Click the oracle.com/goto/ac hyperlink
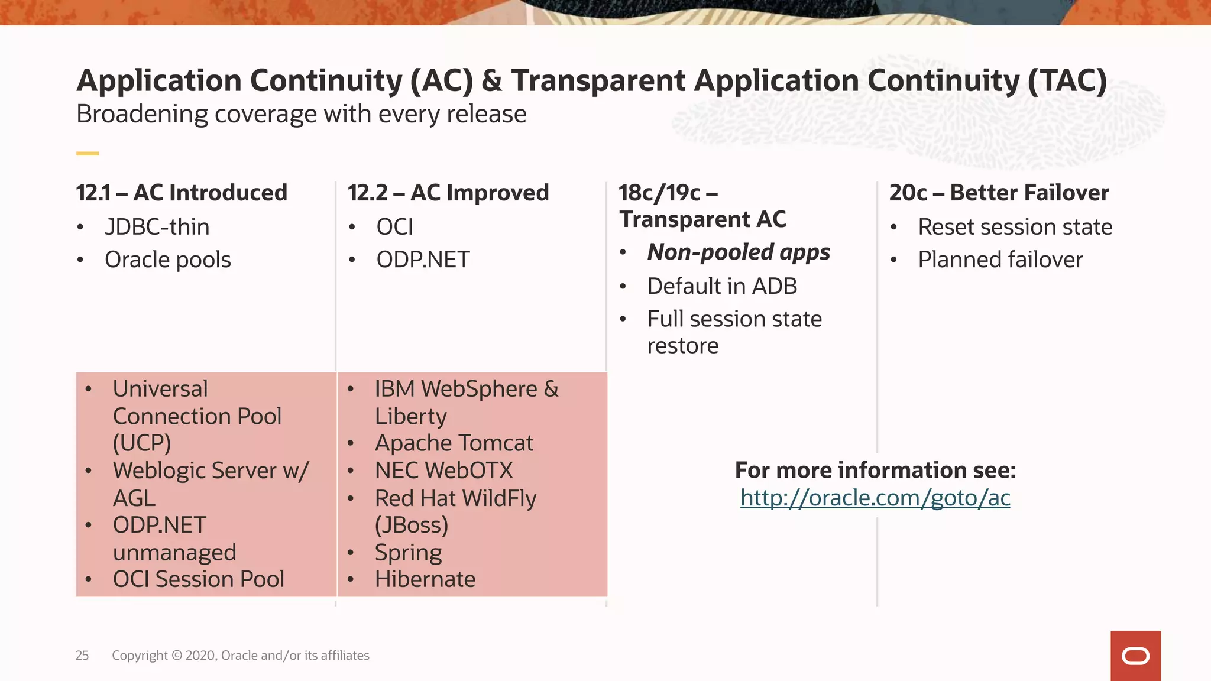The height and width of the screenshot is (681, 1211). (875, 498)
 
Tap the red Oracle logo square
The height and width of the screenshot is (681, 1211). (1135, 656)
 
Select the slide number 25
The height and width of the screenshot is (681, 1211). (82, 655)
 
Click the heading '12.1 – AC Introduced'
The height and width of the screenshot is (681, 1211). (182, 193)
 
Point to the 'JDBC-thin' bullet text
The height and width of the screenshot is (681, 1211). (157, 227)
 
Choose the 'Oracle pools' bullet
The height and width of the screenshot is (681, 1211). (167, 260)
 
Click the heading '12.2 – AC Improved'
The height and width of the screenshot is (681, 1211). (448, 193)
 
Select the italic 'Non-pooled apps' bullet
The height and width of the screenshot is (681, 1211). (739, 252)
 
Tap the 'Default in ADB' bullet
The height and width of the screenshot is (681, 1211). (722, 286)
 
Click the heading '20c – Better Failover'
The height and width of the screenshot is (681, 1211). (999, 193)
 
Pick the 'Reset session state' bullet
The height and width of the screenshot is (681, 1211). (1015, 227)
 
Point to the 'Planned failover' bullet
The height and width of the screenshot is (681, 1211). (1000, 260)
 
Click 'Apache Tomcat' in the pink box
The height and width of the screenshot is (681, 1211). (454, 443)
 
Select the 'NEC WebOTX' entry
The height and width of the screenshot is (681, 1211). (443, 471)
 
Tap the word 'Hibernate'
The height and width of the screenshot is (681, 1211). (425, 579)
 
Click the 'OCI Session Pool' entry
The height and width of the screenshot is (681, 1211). (198, 579)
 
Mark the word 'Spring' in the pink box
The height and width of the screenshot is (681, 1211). (408, 553)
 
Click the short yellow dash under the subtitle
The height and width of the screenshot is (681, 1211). (88, 154)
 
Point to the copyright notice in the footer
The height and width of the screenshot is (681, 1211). (240, 655)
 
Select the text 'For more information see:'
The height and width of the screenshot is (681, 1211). (875, 471)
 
